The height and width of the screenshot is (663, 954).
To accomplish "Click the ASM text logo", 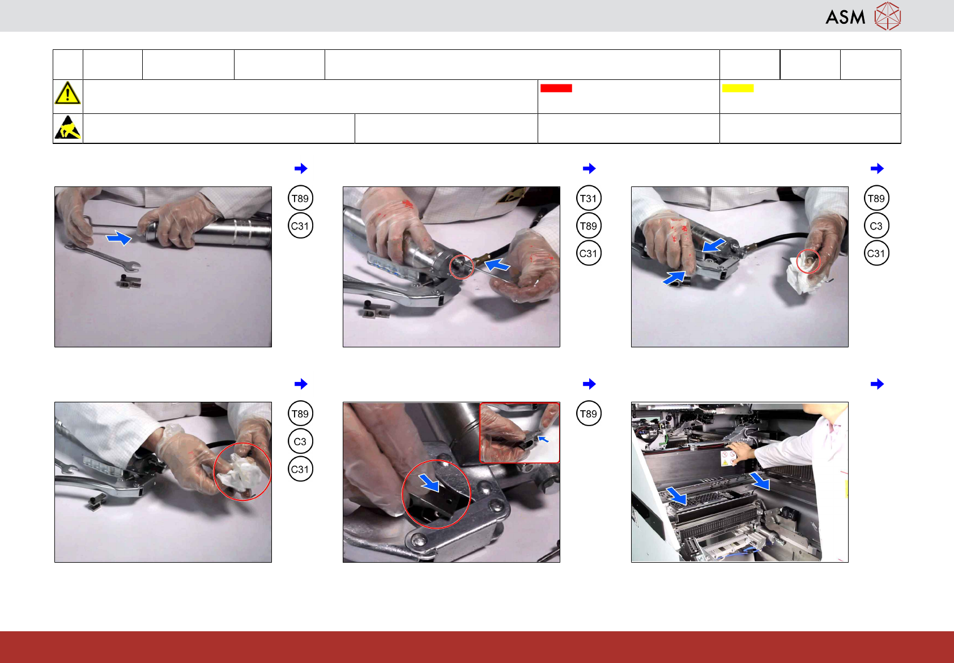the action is point(845,17).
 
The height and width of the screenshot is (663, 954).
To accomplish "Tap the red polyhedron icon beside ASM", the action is point(888,16).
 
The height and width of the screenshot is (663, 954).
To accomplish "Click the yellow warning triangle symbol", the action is point(67,93).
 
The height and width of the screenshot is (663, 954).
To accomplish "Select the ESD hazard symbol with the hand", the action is point(67,127).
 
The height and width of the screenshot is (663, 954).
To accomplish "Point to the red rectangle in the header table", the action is point(556,88).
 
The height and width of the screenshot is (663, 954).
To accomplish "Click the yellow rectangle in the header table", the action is point(738,88).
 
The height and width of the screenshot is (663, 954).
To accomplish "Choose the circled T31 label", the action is point(589,198).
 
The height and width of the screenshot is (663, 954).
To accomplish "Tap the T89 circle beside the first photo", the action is point(300,198).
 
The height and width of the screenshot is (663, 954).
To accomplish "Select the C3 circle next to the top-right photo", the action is point(876,226).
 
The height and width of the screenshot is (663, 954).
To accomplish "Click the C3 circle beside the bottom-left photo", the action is point(300,441).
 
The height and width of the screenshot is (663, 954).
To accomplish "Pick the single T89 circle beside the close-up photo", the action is point(589,414).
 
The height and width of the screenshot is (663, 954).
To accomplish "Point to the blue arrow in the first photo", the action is point(119,237).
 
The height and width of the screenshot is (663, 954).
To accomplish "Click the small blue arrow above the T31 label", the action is point(589,168).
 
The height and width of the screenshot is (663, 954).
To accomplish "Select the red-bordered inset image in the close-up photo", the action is point(519,432).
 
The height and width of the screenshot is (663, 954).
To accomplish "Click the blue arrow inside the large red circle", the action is point(429,482).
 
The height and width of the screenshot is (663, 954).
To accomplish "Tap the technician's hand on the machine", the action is point(740,452).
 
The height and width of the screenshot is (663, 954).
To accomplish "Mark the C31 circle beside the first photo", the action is point(300,226).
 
